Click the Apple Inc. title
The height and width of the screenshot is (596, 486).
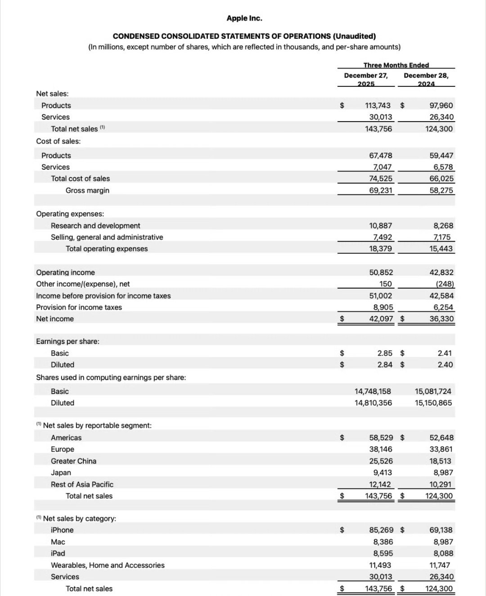pos(244,18)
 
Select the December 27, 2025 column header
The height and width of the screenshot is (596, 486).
pos(366,80)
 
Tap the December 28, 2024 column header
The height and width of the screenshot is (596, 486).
pos(426,80)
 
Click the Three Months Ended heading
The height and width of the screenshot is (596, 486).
pos(396,65)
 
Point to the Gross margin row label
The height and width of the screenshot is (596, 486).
pos(87,190)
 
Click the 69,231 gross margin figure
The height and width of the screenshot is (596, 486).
pos(380,190)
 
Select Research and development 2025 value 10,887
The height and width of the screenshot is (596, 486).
pos(380,226)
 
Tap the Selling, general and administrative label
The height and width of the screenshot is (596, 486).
pos(107,237)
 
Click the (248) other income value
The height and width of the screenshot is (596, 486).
pos(445,284)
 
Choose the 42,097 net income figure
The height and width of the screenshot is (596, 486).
pos(381,319)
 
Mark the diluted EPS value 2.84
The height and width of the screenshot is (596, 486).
pos(385,365)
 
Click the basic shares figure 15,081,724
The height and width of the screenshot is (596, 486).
pos(433,391)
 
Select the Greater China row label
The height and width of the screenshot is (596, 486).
pos(73,461)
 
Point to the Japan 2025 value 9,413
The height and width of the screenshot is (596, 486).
pos(382,473)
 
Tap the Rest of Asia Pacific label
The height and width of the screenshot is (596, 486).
pos(82,484)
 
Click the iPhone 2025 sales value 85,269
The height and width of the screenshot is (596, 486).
pos(381,530)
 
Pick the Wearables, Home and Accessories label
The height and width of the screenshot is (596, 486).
pos(108,565)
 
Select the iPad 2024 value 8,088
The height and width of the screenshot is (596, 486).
pos(443,553)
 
